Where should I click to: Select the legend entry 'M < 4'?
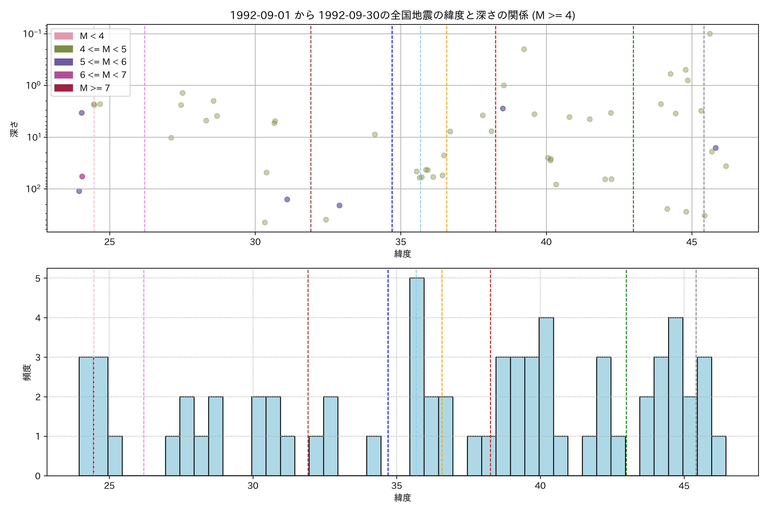point(92,36)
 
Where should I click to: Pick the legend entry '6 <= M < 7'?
point(103,75)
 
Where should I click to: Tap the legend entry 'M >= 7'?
point(95,88)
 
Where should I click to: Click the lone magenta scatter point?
point(82,176)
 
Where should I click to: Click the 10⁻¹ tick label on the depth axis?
point(32,34)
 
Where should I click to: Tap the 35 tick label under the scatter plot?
point(401,242)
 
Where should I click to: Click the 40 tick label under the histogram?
point(540,486)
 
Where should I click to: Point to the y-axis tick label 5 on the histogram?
point(38,278)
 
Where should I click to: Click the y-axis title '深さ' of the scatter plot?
point(14,129)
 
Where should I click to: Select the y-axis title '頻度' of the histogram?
point(28,372)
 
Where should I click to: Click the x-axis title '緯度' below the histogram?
point(402,498)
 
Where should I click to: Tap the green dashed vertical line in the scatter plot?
point(633,131)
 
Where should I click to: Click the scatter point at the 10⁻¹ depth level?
point(710,34)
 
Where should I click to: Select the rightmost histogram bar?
point(719,456)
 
